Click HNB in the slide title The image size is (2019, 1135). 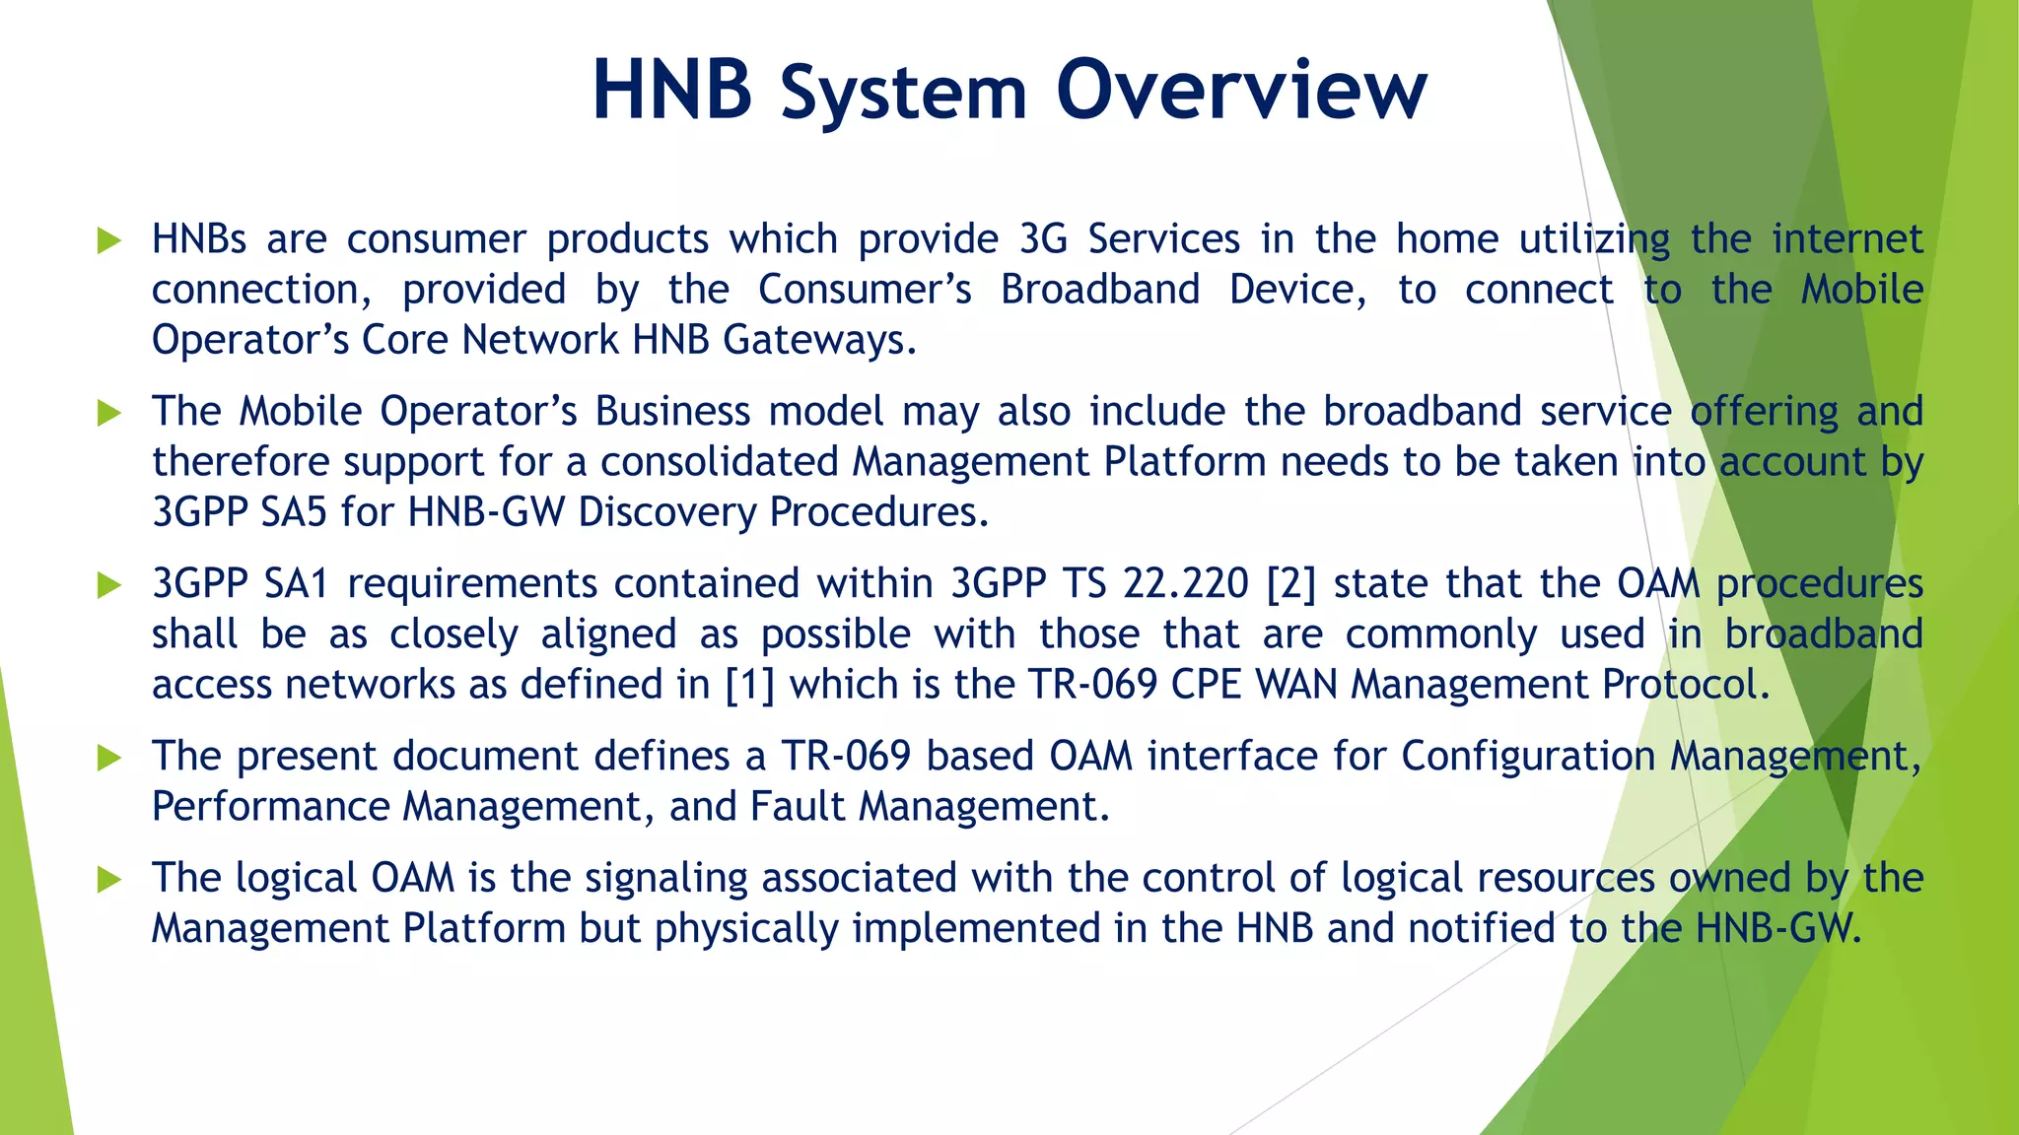pos(672,91)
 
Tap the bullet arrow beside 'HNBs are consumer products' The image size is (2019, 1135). pos(108,240)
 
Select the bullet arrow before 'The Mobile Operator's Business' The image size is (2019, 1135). pos(108,413)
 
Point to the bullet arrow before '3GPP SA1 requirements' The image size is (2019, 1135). pos(108,585)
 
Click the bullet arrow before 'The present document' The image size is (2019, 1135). pos(108,758)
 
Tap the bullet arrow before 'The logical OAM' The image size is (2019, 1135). pos(108,879)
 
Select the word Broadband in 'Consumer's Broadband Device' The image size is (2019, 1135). pos(1100,290)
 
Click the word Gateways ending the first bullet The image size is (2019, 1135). pos(819,341)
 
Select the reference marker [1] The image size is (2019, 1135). pos(749,685)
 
